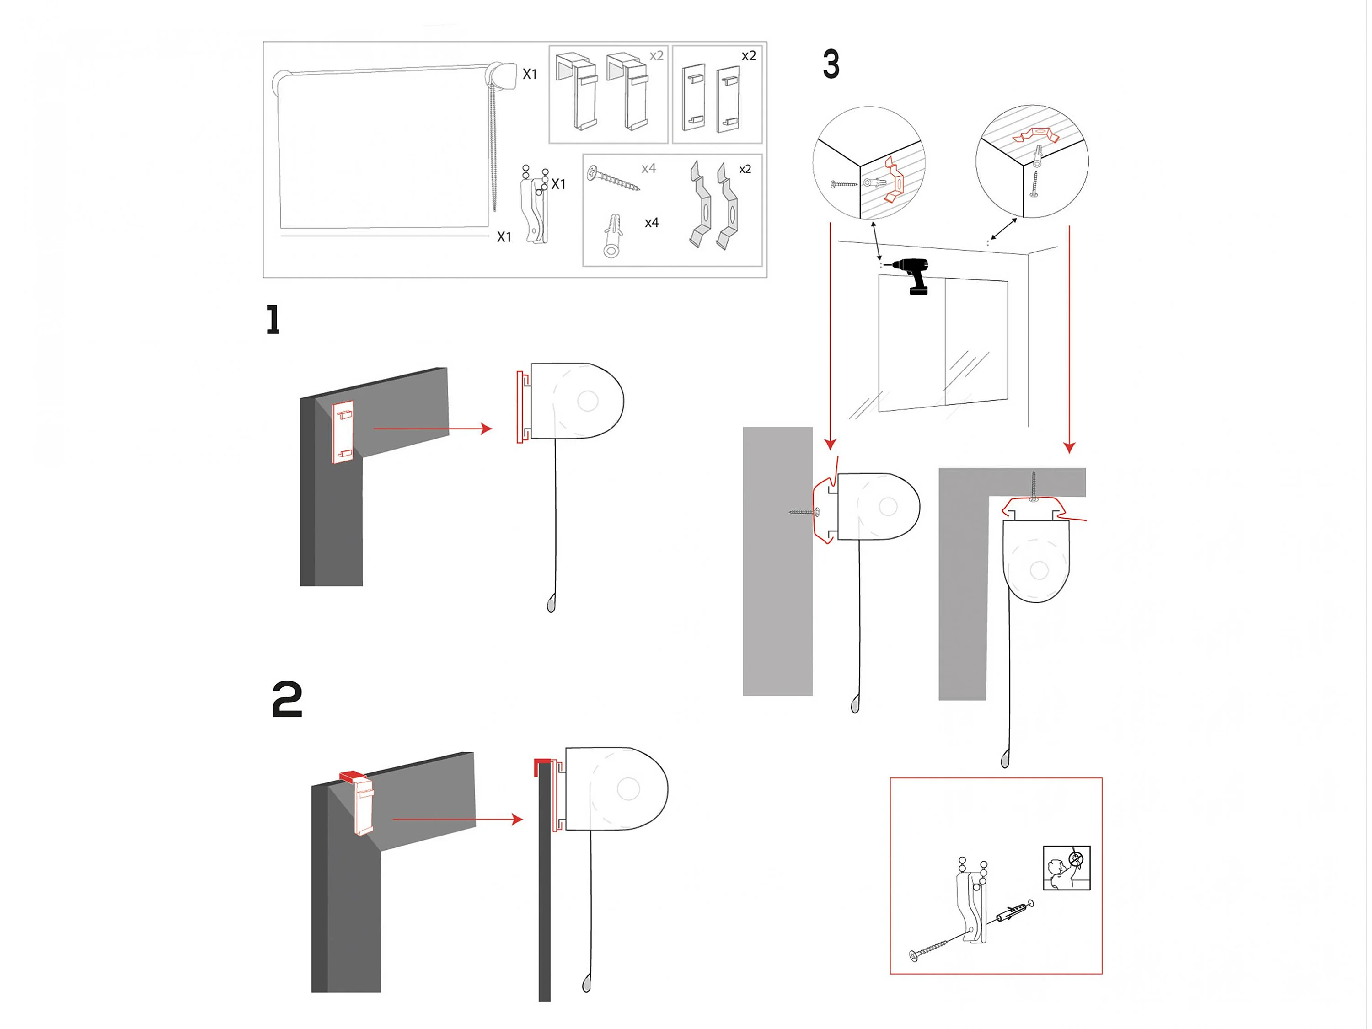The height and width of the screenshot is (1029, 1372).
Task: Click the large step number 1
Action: pyautogui.click(x=273, y=320)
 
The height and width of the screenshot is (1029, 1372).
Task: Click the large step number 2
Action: pyautogui.click(x=287, y=700)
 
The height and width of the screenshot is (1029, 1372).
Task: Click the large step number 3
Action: pyautogui.click(x=831, y=64)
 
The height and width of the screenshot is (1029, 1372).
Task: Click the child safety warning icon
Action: pyautogui.click(x=1066, y=868)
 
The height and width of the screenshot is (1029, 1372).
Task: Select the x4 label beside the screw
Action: pyautogui.click(x=649, y=168)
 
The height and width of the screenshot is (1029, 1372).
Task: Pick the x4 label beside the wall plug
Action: pyautogui.click(x=651, y=223)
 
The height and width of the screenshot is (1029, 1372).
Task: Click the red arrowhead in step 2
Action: pyautogui.click(x=517, y=820)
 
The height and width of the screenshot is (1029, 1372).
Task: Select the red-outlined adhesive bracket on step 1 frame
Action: pyautogui.click(x=343, y=432)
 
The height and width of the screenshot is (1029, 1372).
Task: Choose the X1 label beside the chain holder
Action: pyautogui.click(x=558, y=184)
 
